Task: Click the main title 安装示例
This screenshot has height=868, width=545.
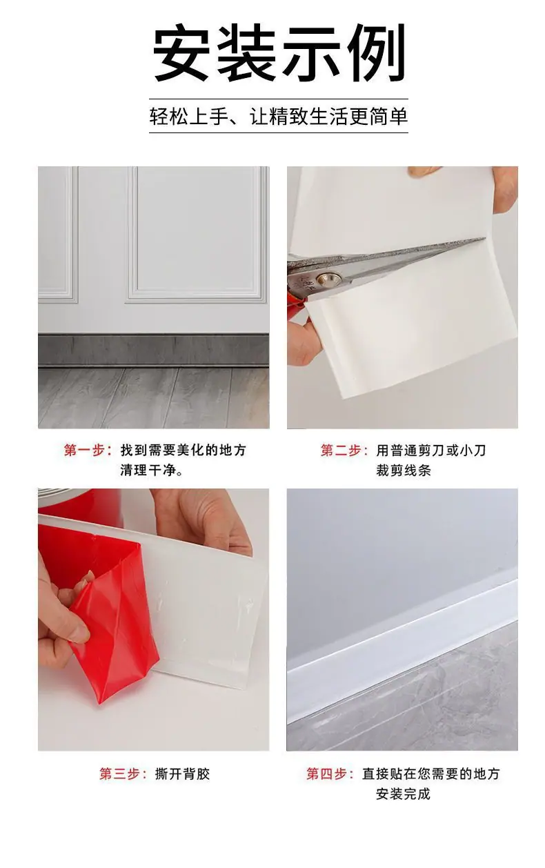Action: pos(279,52)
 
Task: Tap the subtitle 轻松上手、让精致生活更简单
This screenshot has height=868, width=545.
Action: pos(279,116)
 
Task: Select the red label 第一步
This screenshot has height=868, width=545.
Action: pos(88,451)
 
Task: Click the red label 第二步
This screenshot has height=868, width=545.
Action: pos(344,451)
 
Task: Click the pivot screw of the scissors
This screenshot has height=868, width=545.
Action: pos(328,279)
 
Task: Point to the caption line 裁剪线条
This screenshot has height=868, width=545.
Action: pos(404,471)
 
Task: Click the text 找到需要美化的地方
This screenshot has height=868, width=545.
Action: pos(184,451)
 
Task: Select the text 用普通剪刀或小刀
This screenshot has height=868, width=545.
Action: pos(431,451)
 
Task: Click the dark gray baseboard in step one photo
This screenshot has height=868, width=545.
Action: pos(153,350)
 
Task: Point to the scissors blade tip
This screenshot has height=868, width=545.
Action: pos(484,239)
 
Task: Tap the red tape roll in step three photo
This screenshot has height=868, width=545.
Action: pos(79,502)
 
